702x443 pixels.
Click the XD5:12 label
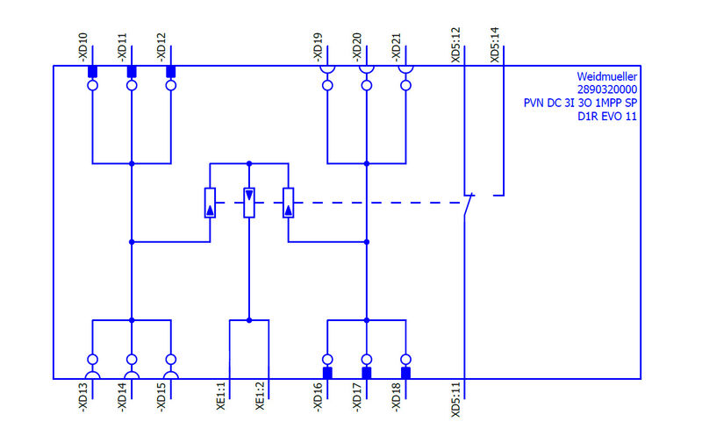[455, 45]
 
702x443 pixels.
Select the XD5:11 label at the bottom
[455, 401]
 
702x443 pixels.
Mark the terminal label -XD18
[396, 400]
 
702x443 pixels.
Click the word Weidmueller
[606, 76]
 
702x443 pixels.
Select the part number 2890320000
[606, 89]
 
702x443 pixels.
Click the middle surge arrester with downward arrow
[249, 203]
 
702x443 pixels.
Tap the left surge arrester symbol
[210, 203]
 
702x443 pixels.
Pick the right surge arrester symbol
[288, 203]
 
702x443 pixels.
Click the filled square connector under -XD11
[132, 71]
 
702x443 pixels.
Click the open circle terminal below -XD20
[366, 86]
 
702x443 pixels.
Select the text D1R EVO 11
[606, 117]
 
